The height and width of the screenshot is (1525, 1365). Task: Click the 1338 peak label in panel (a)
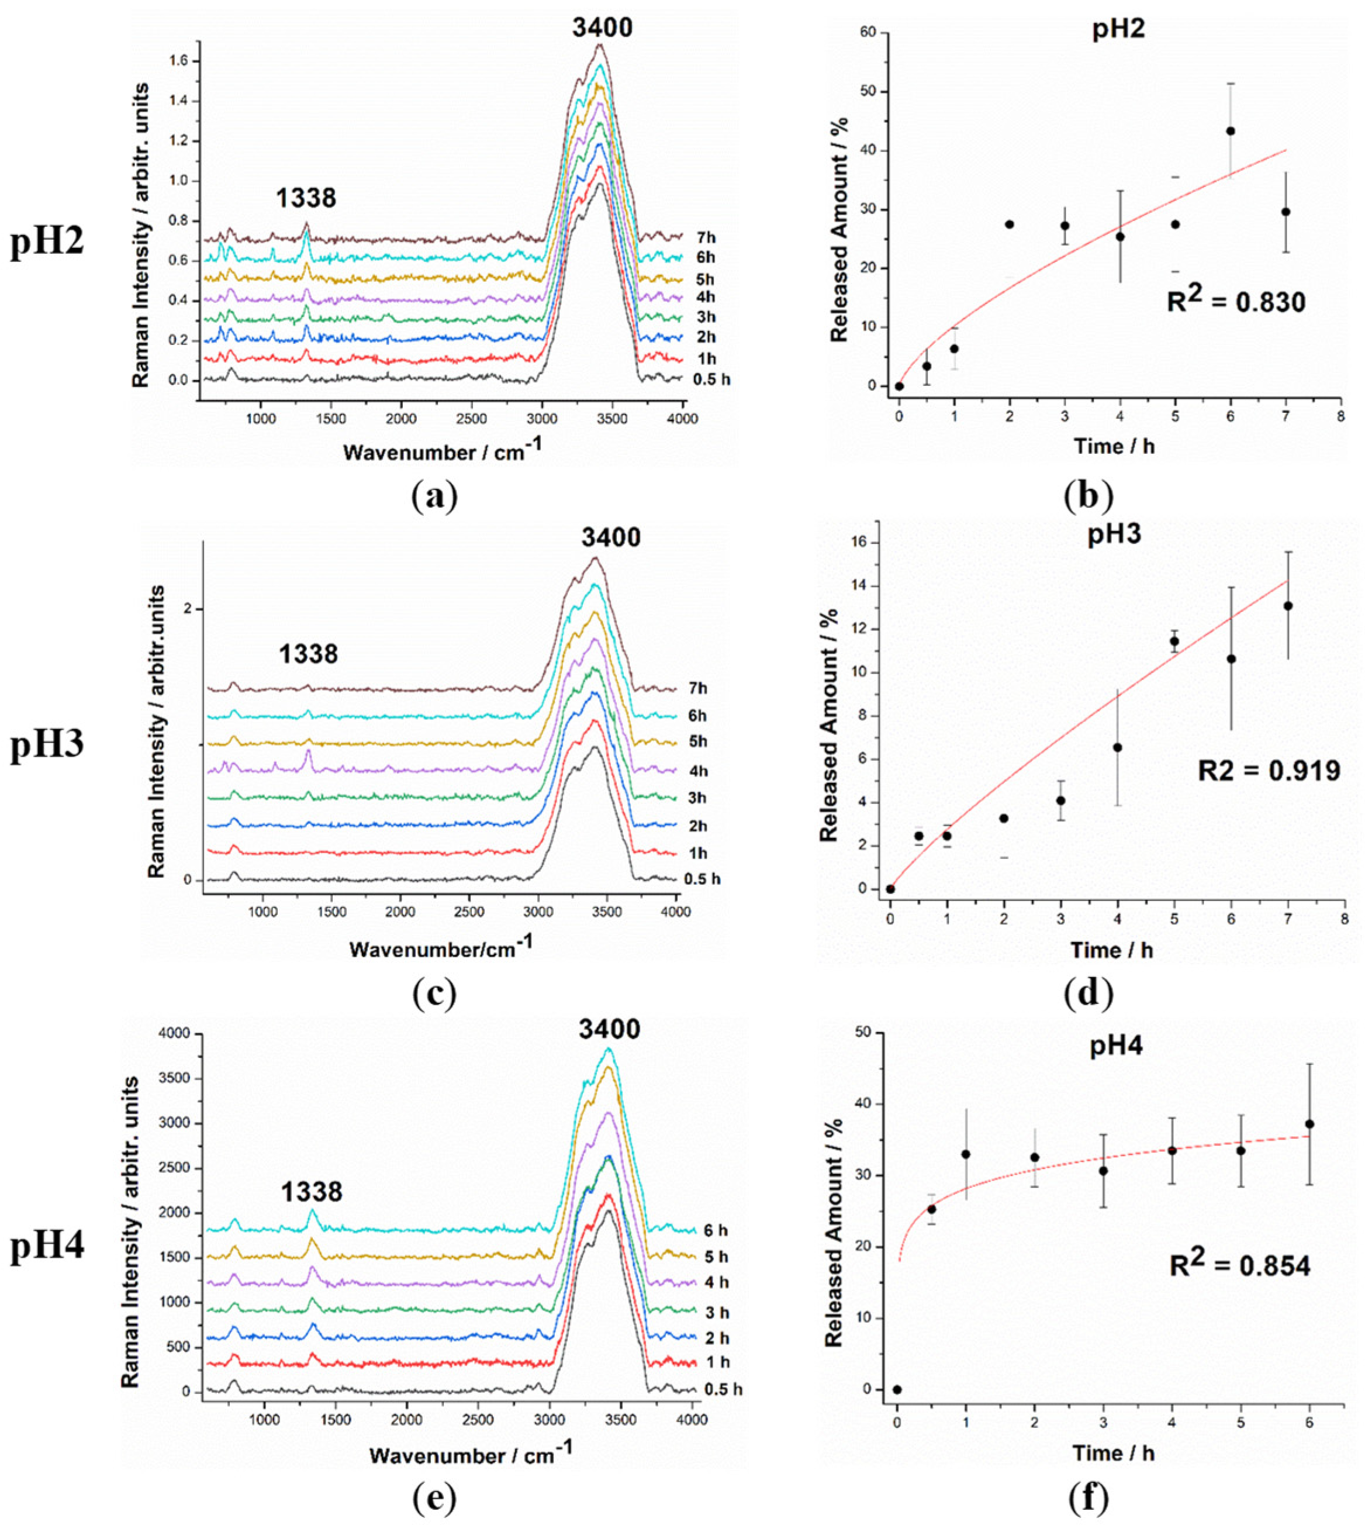305,198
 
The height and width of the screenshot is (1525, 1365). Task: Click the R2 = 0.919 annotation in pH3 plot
1268,770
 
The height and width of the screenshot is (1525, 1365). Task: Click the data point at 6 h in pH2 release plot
1230,131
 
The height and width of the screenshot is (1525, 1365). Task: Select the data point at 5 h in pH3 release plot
1174,641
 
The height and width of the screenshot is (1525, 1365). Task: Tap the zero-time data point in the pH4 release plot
897,1389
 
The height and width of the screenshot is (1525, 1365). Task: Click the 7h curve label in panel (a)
705,238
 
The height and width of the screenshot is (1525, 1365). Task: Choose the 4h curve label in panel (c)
696,771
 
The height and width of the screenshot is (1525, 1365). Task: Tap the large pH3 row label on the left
47,746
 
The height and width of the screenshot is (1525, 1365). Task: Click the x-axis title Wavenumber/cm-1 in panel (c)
441,948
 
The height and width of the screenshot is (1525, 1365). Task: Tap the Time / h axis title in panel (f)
1113,1453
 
